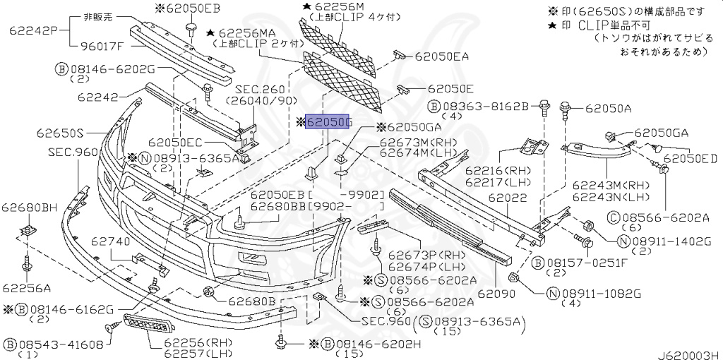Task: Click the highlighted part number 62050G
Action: (x=328, y=124)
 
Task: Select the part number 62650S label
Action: (x=61, y=132)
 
